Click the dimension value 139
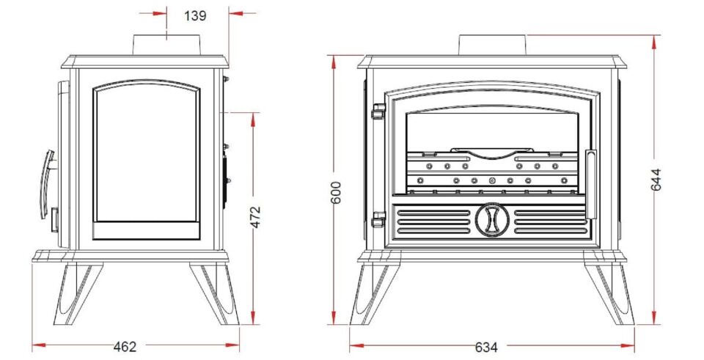pyautogui.click(x=195, y=16)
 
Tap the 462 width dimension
pyautogui.click(x=125, y=346)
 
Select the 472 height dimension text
pyautogui.click(x=256, y=218)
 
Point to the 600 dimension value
pyautogui.click(x=337, y=194)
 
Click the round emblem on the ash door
pyautogui.click(x=491, y=220)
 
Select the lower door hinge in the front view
pyautogui.click(x=378, y=218)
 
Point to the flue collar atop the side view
pyautogui.click(x=168, y=45)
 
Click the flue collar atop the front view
pyautogui.click(x=491, y=45)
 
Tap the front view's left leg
pyautogui.click(x=372, y=293)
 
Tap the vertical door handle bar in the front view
pyautogui.click(x=591, y=184)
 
